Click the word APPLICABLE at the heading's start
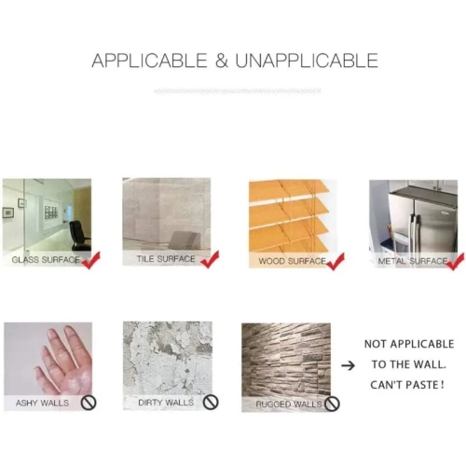149,61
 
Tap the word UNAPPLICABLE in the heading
307,61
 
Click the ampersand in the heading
222,61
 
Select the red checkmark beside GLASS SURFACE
90,260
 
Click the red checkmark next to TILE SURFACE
210,259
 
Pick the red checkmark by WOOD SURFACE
336,262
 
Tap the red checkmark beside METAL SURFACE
456,262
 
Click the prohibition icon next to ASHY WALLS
89,403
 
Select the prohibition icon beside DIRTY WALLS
211,403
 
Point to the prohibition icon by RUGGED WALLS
332,404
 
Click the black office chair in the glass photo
80,235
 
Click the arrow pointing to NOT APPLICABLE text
348,365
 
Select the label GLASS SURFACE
46,260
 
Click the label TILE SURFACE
166,259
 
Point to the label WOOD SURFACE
293,261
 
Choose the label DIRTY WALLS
166,403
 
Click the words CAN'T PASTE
407,385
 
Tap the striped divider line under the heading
238,91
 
